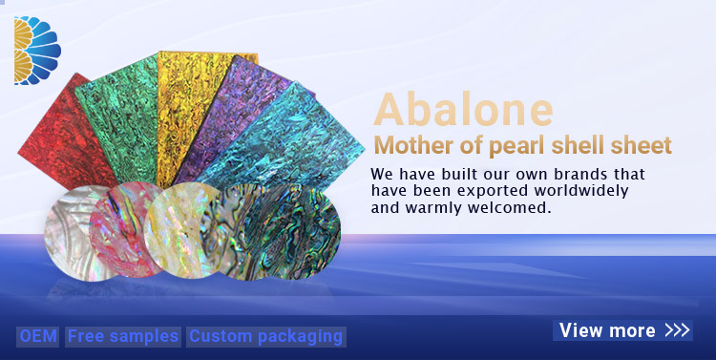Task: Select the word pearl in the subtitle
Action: tap(514, 146)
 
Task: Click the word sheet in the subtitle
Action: tap(643, 146)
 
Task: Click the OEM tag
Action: tap(38, 336)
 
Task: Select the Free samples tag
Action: tap(122, 336)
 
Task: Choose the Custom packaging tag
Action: tap(265, 336)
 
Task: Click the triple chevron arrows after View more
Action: tap(676, 330)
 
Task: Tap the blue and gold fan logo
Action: tap(36, 50)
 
